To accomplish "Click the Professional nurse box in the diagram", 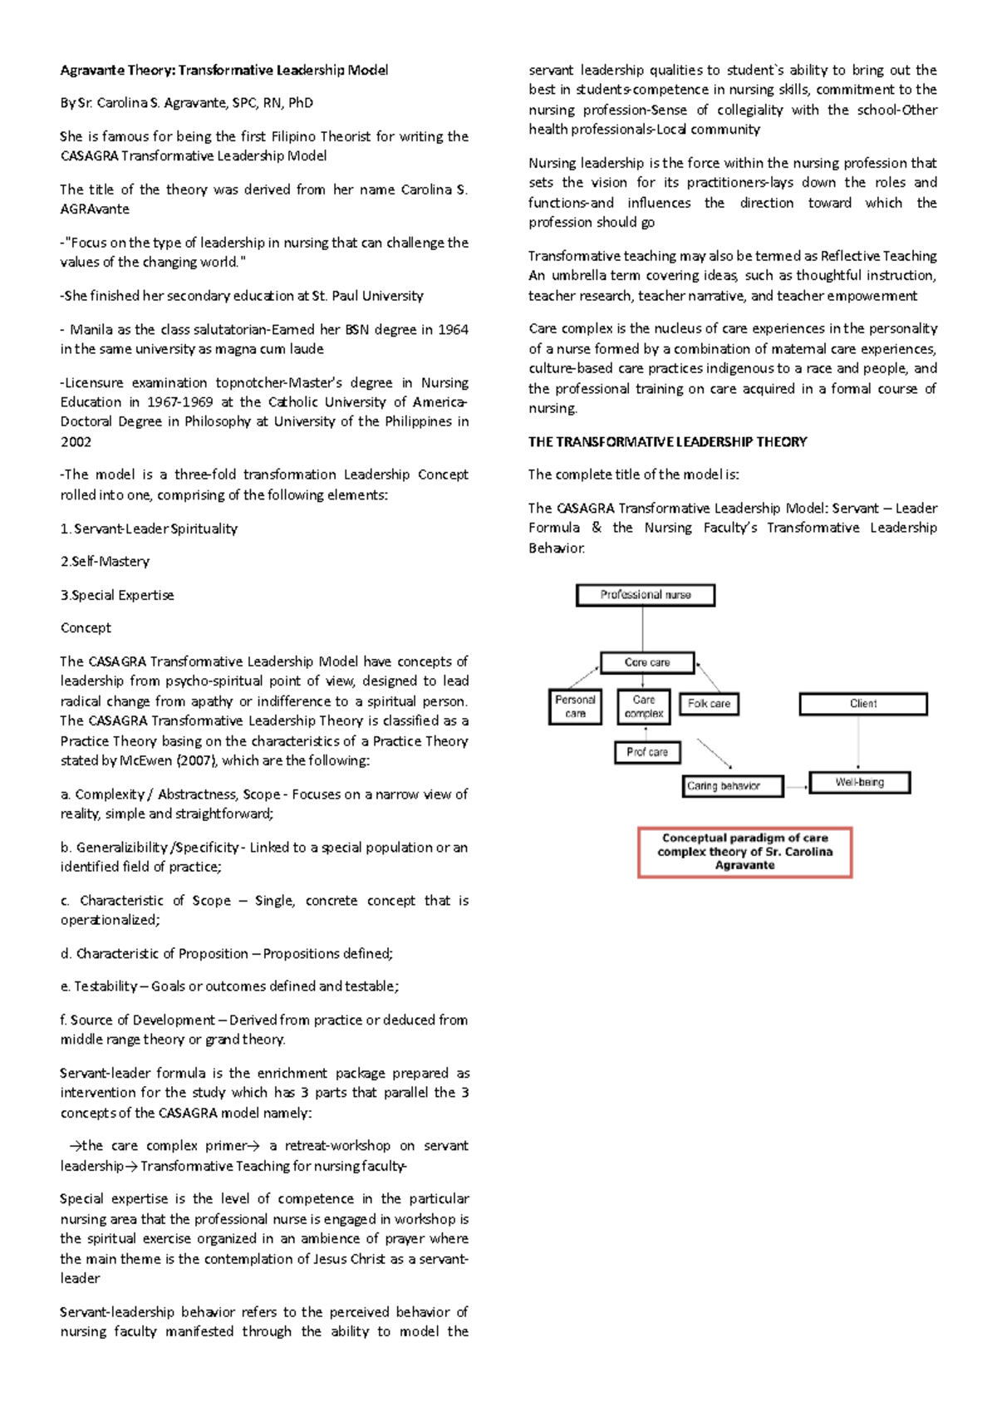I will (646, 595).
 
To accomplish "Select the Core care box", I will (647, 662).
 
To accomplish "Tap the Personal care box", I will (575, 706).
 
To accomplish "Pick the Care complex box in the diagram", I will (644, 706).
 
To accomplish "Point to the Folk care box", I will (709, 704).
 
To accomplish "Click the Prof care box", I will (647, 752).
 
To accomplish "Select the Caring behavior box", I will (732, 786).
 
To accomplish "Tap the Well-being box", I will (860, 783).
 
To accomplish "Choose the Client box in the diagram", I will (863, 704).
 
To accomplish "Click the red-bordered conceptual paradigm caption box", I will (745, 852).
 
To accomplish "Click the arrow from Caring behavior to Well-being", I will (796, 786).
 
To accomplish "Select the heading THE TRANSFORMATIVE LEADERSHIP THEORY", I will (667, 442).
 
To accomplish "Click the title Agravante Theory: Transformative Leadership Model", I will (223, 71).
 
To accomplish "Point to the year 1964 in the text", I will (453, 330).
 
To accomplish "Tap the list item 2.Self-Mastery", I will (105, 562).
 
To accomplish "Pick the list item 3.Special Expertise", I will (117, 595).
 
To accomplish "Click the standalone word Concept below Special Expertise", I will (86, 628).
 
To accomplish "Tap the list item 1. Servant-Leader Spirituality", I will (149, 529).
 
